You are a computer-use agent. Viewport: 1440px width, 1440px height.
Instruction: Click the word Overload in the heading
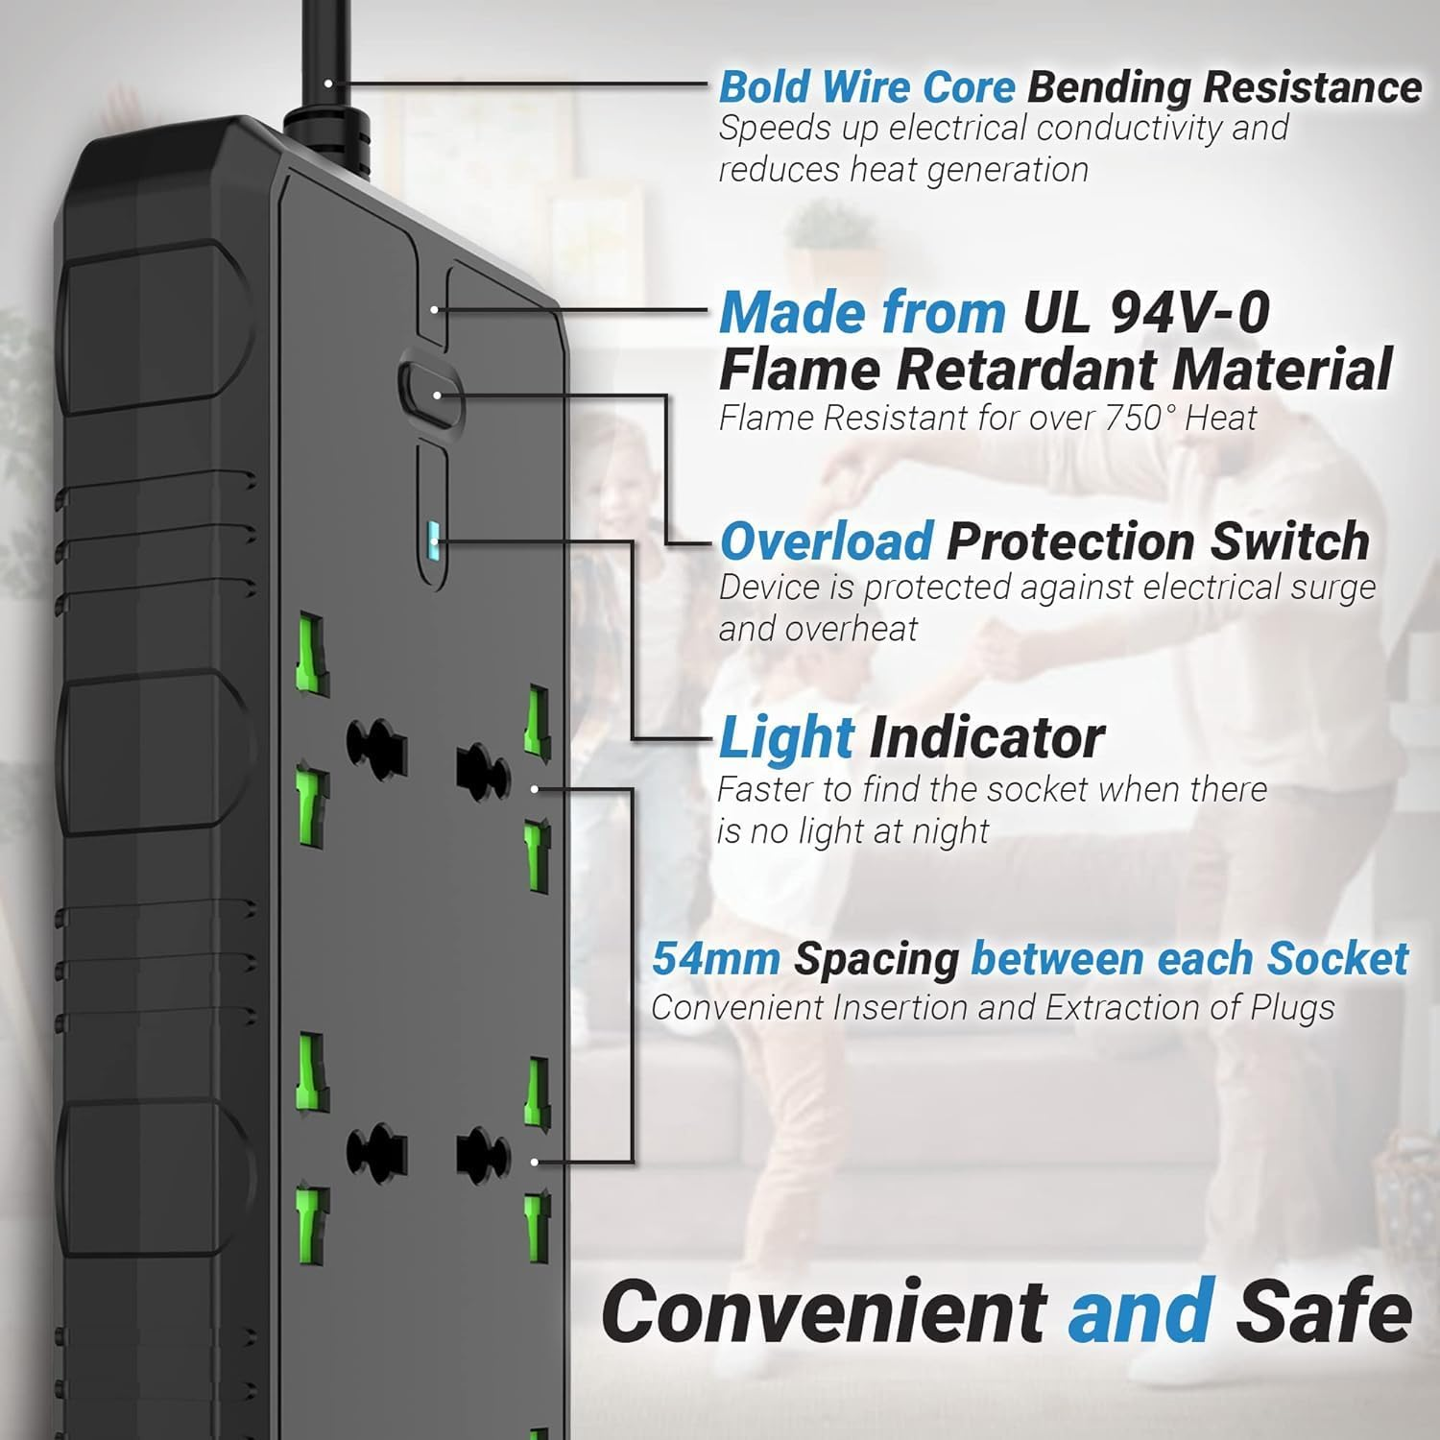pos(826,541)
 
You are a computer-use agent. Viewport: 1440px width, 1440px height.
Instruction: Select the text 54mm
pos(715,959)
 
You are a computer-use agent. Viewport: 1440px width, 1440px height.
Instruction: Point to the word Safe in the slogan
pos(1323,1312)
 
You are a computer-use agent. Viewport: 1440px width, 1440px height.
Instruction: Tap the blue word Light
pos(786,738)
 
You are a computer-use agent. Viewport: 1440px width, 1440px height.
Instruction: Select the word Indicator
pos(986,738)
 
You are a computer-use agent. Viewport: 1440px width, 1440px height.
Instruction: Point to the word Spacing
pos(876,959)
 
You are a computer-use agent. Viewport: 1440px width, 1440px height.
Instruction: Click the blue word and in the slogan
pos(1140,1312)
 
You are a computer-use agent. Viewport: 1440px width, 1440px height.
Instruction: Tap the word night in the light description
pos(949,831)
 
